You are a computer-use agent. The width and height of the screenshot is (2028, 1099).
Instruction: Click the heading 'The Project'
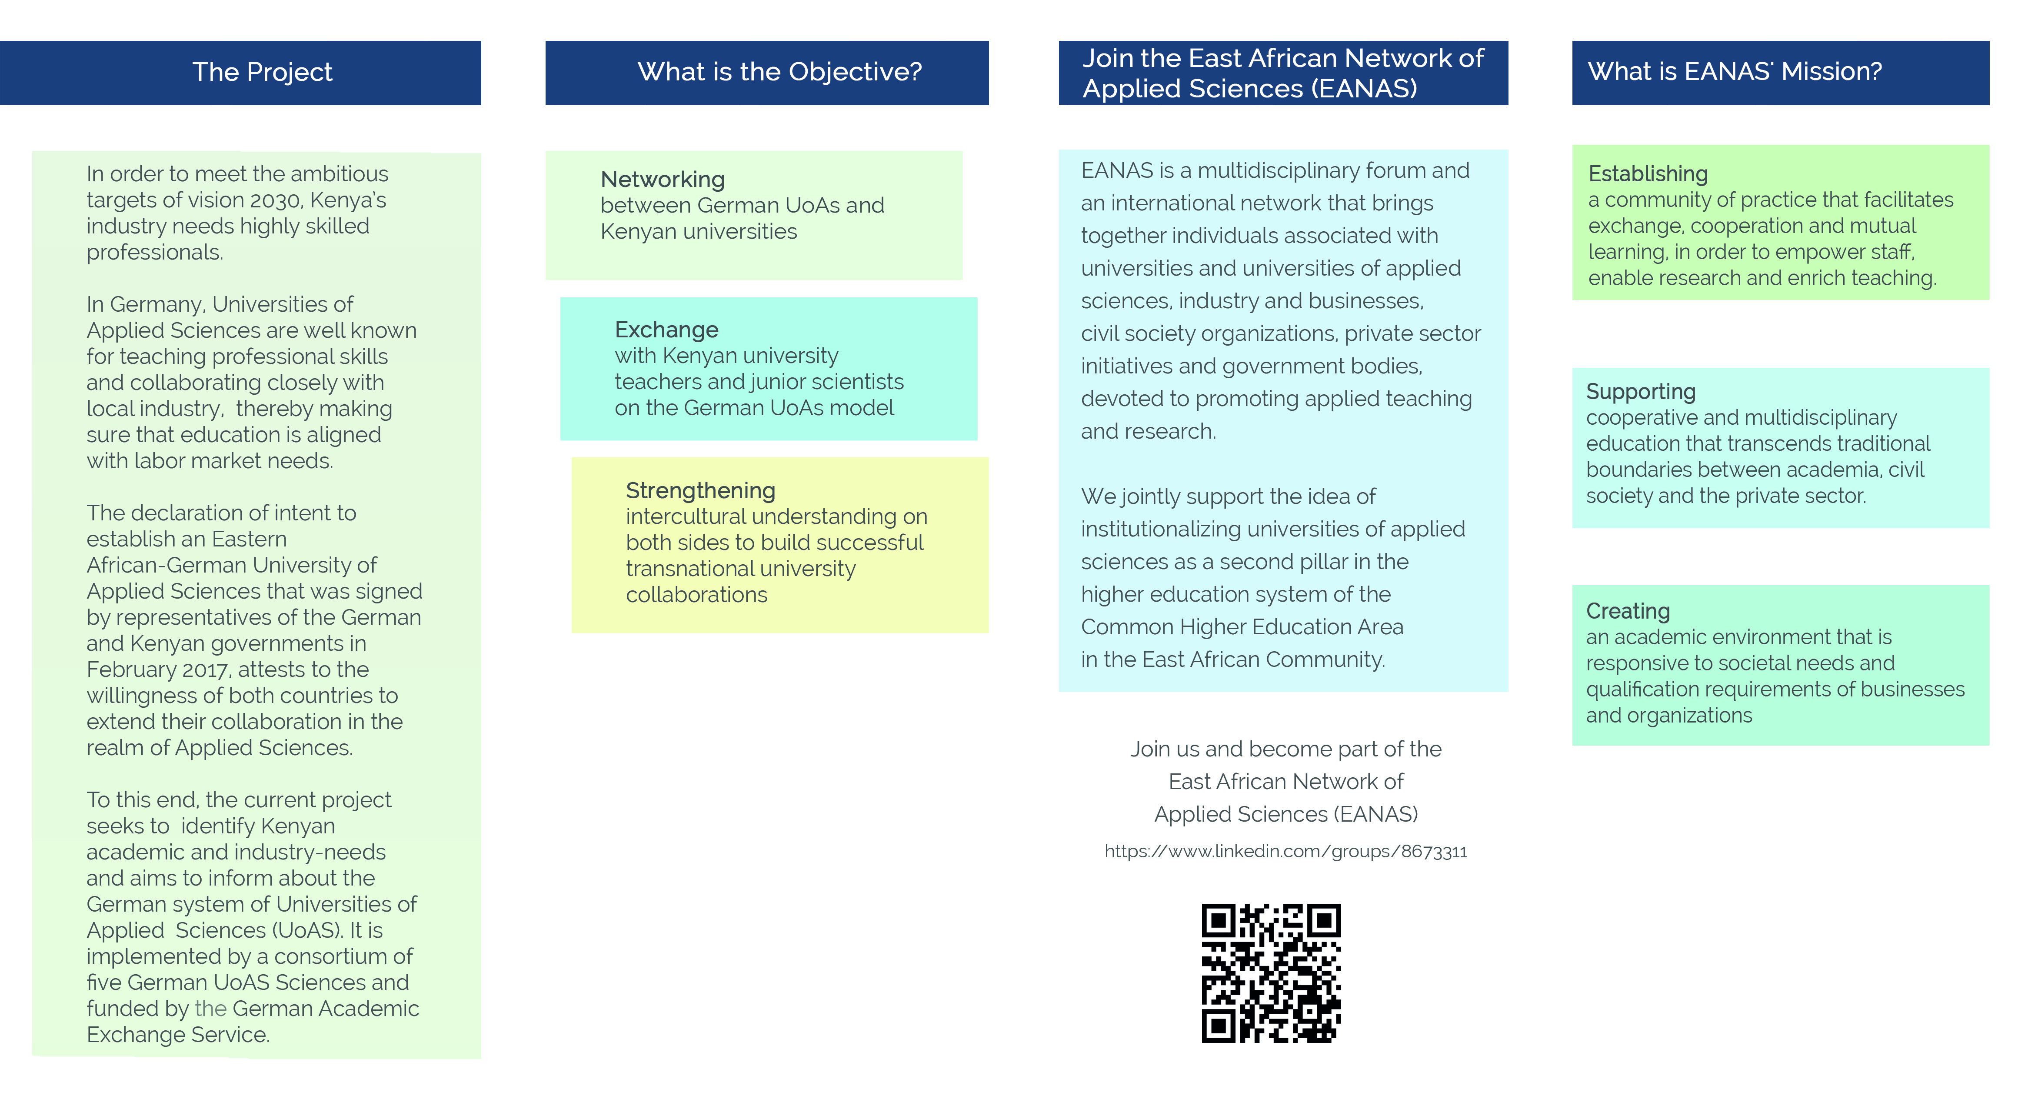262,72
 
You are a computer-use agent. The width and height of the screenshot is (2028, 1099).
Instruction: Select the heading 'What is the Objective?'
779,72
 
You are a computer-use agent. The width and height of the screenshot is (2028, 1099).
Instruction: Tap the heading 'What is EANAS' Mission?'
1735,72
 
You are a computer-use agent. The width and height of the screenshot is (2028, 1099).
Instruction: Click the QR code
1271,973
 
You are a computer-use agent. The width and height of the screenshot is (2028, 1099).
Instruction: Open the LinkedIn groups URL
1285,851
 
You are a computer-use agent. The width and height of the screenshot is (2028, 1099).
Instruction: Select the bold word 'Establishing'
1648,174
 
